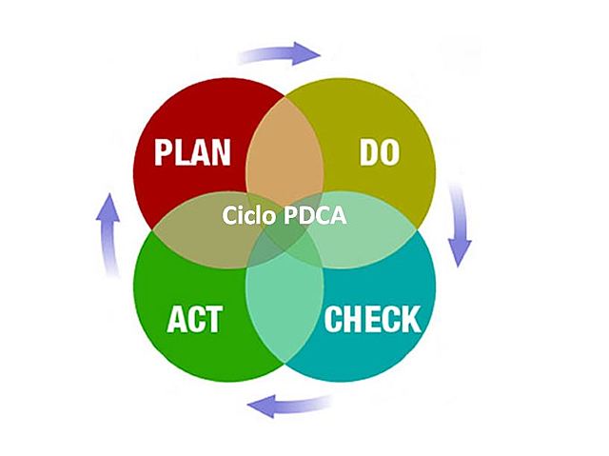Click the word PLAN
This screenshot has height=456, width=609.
coord(194,152)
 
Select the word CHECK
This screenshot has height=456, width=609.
coord(372,319)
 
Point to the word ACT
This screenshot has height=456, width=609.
coord(194,320)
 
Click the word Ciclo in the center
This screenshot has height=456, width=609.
coord(251,216)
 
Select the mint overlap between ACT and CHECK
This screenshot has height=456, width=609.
coord(285,314)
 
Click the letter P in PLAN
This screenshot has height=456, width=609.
coord(165,152)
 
